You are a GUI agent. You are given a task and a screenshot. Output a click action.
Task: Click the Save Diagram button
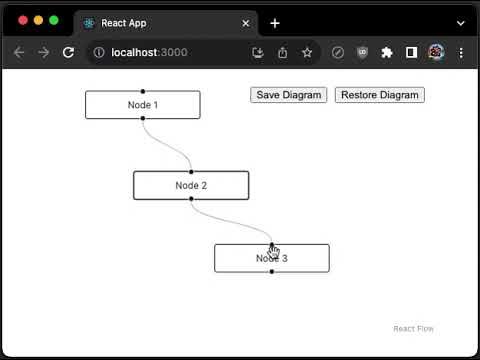[289, 95]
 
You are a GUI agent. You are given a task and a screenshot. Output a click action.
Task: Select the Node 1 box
[143, 105]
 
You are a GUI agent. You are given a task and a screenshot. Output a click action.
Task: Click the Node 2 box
[191, 185]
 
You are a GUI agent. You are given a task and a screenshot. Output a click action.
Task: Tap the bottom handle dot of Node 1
[143, 119]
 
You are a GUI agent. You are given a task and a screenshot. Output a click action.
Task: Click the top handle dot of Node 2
[191, 171]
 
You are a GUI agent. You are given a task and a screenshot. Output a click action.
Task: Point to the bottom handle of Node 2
[191, 200]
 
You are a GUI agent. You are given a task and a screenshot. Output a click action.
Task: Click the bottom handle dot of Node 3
[272, 272]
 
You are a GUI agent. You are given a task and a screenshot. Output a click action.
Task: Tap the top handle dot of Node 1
[143, 91]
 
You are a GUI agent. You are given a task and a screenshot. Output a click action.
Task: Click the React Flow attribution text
[413, 329]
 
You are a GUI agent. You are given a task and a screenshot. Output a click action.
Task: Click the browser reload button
[68, 52]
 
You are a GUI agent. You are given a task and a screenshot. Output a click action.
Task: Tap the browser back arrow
[19, 52]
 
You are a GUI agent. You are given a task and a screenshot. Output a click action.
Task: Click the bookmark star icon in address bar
[307, 52]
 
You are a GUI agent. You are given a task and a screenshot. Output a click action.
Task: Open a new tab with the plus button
[275, 23]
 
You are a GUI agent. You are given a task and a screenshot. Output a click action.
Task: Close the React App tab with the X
[246, 23]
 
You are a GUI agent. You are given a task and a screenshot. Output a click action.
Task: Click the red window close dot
[23, 20]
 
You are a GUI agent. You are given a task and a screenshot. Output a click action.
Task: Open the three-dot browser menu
[461, 52]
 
